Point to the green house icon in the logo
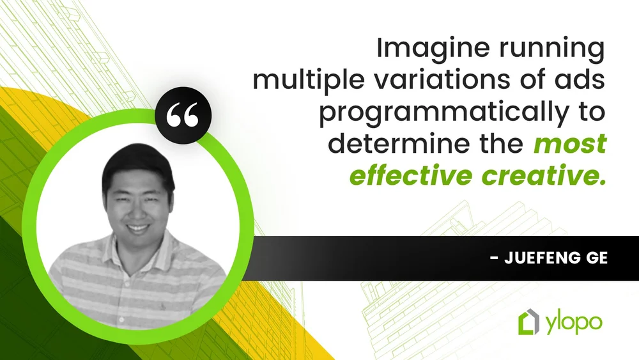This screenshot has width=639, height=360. tap(528, 322)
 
